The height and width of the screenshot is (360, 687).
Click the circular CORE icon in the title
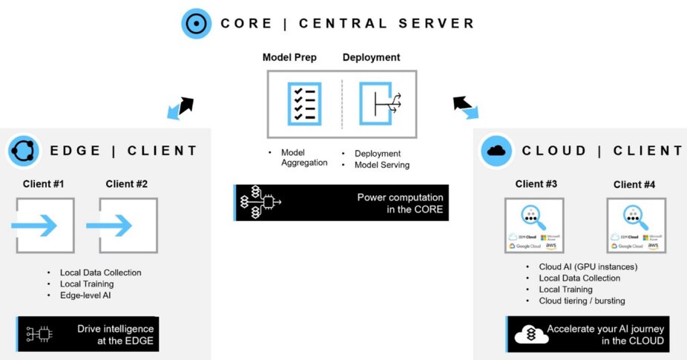(197, 23)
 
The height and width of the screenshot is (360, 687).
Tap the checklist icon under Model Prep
(303, 103)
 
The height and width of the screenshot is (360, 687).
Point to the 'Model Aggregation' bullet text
(304, 157)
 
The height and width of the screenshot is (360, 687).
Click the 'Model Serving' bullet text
(381, 165)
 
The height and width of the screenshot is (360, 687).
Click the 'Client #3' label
(536, 184)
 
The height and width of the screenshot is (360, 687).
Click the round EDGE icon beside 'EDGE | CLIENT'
(23, 151)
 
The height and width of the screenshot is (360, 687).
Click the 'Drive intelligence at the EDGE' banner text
(115, 334)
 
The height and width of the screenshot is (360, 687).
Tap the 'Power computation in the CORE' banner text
(400, 203)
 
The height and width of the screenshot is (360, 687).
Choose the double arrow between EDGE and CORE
(180, 108)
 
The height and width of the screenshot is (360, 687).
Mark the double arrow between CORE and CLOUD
(466, 107)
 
